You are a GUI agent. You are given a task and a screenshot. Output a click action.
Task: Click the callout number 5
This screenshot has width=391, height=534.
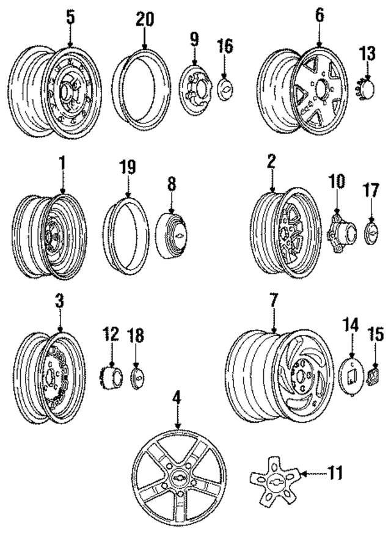click(70, 17)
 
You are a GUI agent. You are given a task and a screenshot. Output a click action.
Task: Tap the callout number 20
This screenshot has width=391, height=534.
click(144, 20)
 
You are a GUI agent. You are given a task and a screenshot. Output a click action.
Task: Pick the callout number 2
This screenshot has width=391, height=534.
click(271, 162)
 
